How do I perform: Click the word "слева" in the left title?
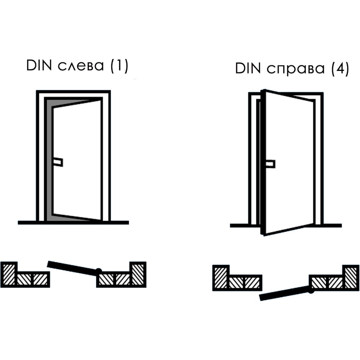pyautogui.click(x=81, y=66)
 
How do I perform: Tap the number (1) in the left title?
pyautogui.click(x=120, y=66)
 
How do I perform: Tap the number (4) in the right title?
pyautogui.click(x=340, y=69)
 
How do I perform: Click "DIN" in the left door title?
pyautogui.click(x=39, y=66)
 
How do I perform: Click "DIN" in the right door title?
pyautogui.click(x=248, y=68)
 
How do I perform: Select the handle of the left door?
pyautogui.click(x=58, y=162)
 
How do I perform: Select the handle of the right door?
pyautogui.click(x=270, y=164)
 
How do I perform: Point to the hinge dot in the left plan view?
pyautogui.click(x=99, y=271)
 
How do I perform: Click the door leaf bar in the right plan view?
pyautogui.click(x=285, y=293)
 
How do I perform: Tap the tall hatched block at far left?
pyautogui.click(x=9, y=274)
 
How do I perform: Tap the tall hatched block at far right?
pyautogui.click(x=351, y=278)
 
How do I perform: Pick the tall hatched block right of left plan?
pyautogui.click(x=138, y=274)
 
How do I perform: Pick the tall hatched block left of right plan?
pyautogui.click(x=221, y=278)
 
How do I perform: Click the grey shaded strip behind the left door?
pyautogui.click(x=49, y=161)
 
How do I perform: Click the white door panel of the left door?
pyautogui.click(x=77, y=161)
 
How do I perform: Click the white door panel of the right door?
pyautogui.click(x=290, y=163)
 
